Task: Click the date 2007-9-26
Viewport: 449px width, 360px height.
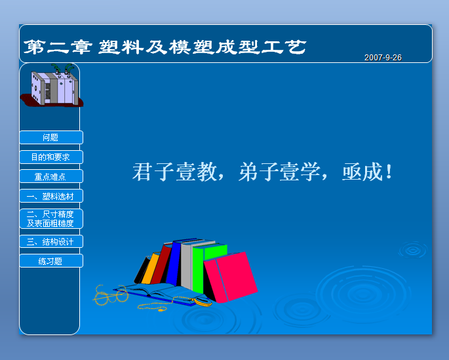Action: pyautogui.click(x=383, y=58)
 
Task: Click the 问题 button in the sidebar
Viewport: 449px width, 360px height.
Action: pyautogui.click(x=51, y=138)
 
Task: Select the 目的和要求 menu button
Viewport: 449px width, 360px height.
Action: pyautogui.click(x=51, y=157)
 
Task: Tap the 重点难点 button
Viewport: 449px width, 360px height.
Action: pyautogui.click(x=51, y=176)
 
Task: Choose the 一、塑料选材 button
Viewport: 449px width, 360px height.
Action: pyautogui.click(x=51, y=196)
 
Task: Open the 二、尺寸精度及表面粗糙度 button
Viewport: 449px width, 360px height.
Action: pyautogui.click(x=51, y=218)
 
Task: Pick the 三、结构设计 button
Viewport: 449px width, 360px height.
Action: pyautogui.click(x=51, y=241)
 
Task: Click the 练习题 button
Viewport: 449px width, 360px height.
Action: pyautogui.click(x=51, y=261)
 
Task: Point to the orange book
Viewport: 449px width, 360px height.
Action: pyautogui.click(x=151, y=269)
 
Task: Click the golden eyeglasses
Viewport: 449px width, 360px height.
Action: pyautogui.click(x=109, y=296)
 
